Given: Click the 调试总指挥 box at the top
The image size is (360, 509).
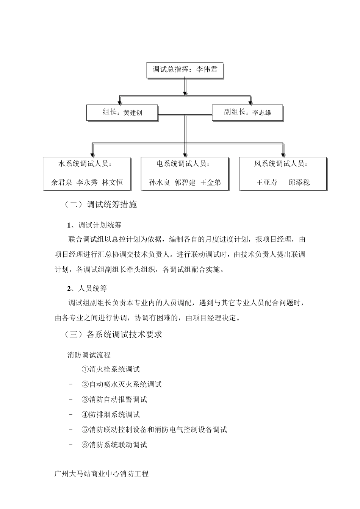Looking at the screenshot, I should (x=185, y=70).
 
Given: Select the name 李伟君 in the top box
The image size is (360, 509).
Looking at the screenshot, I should (x=207, y=70).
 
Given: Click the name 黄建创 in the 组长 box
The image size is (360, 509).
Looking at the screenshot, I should (x=133, y=113).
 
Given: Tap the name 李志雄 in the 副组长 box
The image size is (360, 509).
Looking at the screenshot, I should (x=262, y=112).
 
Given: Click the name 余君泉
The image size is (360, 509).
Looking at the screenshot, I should (x=61, y=182).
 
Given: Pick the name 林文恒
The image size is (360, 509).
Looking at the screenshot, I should (x=113, y=182).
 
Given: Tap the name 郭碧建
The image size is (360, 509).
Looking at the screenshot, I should (x=185, y=182).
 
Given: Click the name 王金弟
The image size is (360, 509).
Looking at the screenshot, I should (x=210, y=182).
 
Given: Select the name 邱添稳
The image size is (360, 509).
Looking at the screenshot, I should (x=299, y=182).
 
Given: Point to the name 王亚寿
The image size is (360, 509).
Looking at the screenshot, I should (x=266, y=182).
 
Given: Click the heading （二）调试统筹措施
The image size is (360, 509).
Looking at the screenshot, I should (x=100, y=205).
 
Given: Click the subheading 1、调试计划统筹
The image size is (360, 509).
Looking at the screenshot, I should (x=94, y=225).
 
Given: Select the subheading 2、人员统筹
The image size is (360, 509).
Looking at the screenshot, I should (x=87, y=289).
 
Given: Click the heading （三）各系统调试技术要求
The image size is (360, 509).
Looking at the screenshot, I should (x=113, y=334).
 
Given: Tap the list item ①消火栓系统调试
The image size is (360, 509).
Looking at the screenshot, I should (x=110, y=369).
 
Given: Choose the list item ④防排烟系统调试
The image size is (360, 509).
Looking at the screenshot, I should (x=110, y=415).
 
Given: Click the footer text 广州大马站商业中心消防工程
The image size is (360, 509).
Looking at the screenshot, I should (x=102, y=474).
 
